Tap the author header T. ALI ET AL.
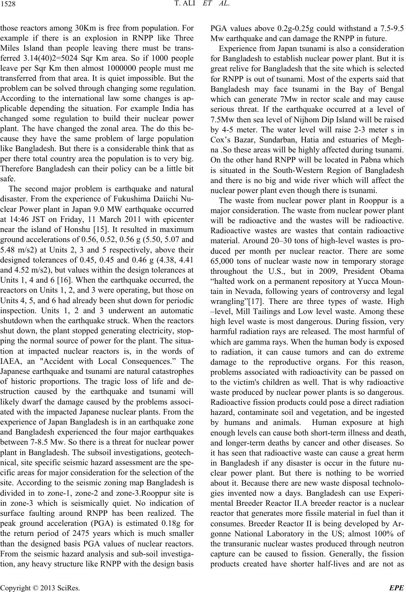[203, 5]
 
